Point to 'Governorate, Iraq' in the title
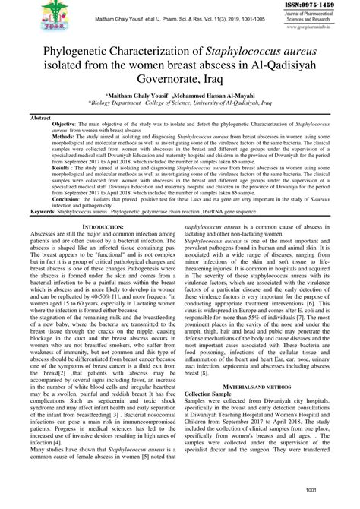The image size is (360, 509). [x=180, y=79]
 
